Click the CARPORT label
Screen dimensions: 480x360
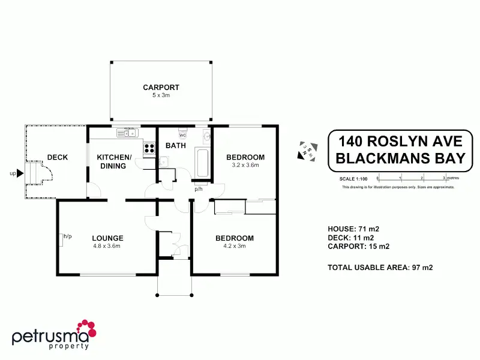(x=161, y=88)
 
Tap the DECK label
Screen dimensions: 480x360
(x=58, y=157)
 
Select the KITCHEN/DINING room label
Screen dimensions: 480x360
(x=114, y=161)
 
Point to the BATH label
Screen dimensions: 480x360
(x=176, y=145)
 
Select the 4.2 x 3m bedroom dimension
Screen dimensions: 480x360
(x=235, y=245)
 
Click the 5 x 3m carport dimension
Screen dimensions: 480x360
(x=161, y=95)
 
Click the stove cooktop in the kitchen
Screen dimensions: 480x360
(x=148, y=147)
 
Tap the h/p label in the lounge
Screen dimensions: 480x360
(x=67, y=236)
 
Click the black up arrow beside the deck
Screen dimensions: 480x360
(x=19, y=174)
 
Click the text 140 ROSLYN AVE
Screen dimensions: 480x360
(x=400, y=142)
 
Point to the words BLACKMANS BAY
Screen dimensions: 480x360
(x=400, y=158)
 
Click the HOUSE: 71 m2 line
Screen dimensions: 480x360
(x=353, y=229)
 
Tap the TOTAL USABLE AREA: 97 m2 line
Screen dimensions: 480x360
(x=380, y=267)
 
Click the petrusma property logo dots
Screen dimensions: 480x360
(x=88, y=328)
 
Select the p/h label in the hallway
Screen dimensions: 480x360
(x=198, y=189)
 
